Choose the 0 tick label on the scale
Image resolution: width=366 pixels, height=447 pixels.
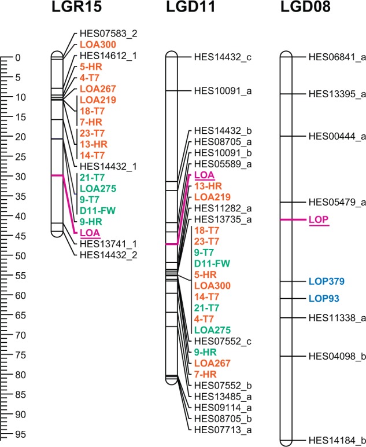18,58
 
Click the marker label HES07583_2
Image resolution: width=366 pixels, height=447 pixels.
108,34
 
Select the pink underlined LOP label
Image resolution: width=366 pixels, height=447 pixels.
319,220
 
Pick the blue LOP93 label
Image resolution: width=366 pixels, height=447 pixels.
324,299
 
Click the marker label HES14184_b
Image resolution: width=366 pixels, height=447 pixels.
337,439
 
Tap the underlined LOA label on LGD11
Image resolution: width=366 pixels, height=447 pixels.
204,175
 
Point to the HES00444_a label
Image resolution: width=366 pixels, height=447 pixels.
337,136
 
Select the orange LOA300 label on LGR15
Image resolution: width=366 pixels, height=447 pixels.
98,45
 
